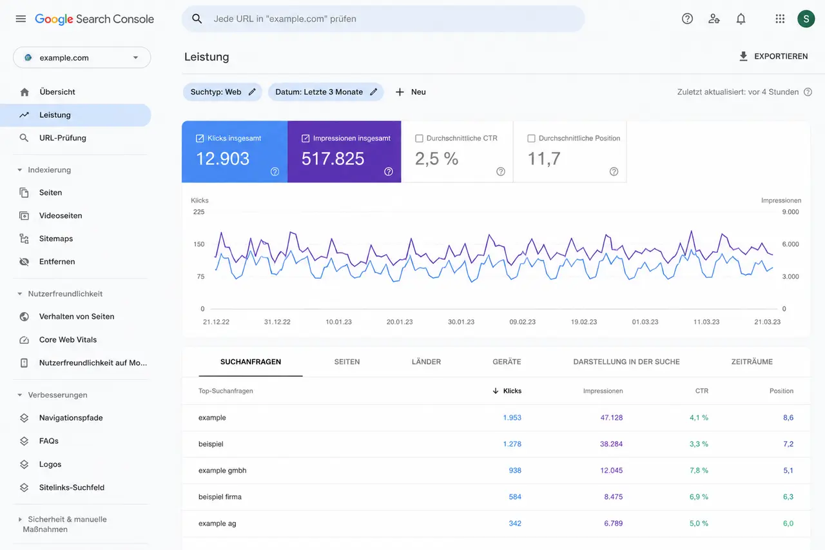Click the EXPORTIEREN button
(x=773, y=56)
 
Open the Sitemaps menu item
(x=56, y=239)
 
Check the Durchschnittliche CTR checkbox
(x=419, y=139)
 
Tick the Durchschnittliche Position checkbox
(x=531, y=139)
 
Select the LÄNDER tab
(x=426, y=362)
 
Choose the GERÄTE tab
(x=507, y=362)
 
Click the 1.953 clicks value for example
(x=512, y=417)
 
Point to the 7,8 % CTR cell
(x=699, y=471)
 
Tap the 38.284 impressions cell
(x=612, y=444)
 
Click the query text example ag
(x=217, y=524)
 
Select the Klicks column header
(x=507, y=391)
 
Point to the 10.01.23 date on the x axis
(x=338, y=322)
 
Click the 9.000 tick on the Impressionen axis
(x=790, y=212)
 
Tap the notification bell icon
(x=741, y=19)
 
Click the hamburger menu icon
(x=21, y=19)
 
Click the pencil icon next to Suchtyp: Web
(x=252, y=92)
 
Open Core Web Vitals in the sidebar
(x=68, y=340)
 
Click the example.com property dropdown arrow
(x=135, y=57)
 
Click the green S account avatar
(x=806, y=19)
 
